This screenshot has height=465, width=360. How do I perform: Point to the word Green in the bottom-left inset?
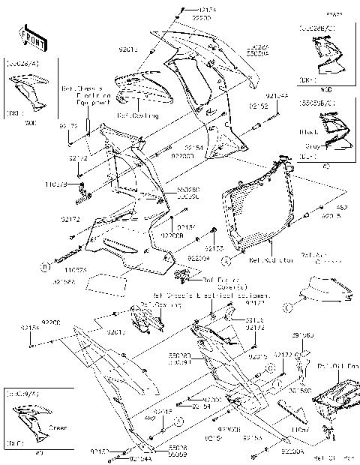tap(57, 428)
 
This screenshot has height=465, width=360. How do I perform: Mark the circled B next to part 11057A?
tap(46, 265)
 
